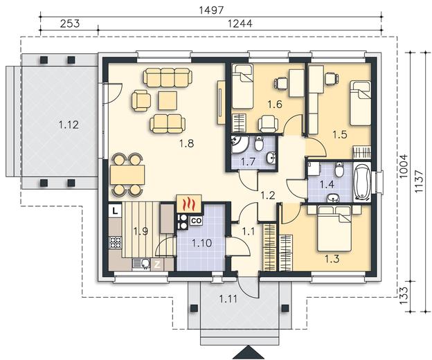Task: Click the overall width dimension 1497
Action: (211, 10)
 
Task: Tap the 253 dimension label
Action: (70, 24)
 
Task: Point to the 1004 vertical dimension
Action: (403, 166)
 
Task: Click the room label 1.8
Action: (187, 143)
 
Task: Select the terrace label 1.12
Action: (69, 125)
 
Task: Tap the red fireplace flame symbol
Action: (188, 204)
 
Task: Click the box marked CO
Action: (197, 221)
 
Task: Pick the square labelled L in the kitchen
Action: (116, 211)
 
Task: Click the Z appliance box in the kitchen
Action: (157, 264)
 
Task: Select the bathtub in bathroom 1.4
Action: (362, 181)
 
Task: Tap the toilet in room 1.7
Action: (258, 143)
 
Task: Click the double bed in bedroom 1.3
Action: (334, 228)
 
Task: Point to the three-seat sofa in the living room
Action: (168, 78)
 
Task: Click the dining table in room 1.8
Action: (127, 174)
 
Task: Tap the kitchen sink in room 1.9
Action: (141, 264)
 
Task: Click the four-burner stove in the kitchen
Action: (116, 242)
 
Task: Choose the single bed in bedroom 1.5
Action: (360, 102)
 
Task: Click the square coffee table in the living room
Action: (168, 101)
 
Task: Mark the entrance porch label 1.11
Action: (228, 298)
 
